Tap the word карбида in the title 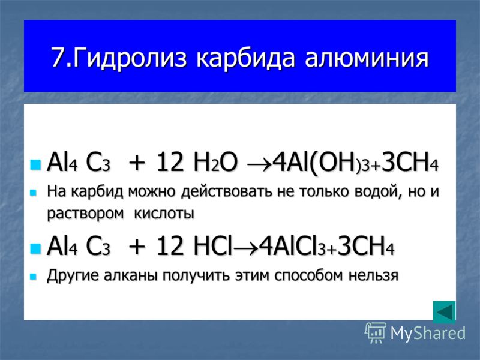click(245, 58)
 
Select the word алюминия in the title click(367, 58)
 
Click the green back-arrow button click(444, 312)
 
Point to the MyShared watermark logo click(415, 333)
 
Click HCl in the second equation click(212, 247)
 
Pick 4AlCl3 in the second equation click(292, 247)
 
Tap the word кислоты click(164, 213)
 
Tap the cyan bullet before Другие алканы click(33, 277)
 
